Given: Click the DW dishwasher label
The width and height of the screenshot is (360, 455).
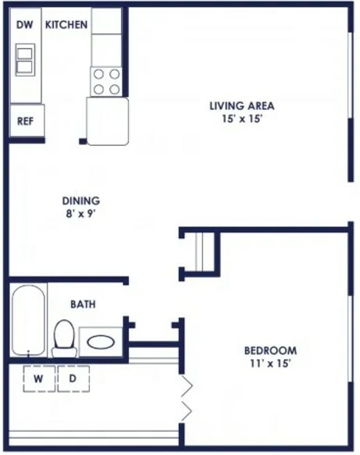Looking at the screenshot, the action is tap(24, 25).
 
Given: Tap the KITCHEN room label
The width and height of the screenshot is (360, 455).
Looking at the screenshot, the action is tap(66, 25).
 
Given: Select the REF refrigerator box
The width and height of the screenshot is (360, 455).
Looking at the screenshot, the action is tap(27, 120).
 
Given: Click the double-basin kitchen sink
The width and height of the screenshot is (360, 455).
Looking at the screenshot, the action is tap(25, 60).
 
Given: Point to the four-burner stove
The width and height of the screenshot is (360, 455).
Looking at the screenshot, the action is tap(106, 81).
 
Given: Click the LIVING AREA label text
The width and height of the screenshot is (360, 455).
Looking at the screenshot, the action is tap(242, 106).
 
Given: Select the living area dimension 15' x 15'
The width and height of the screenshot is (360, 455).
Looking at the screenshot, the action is tap(242, 119).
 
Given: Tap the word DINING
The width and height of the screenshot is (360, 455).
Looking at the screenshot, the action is tap(81, 201).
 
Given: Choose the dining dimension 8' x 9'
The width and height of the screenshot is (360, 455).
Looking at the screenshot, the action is tap(81, 214).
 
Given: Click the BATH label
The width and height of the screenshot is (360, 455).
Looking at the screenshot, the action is tap(83, 304).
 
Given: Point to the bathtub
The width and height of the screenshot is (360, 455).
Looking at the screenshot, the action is tap(28, 320).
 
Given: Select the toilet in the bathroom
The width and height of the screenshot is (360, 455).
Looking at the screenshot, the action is tap(64, 339).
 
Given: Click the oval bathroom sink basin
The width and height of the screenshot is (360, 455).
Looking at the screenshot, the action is tap(101, 342).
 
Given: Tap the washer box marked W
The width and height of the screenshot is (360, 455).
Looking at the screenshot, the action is tap(39, 379).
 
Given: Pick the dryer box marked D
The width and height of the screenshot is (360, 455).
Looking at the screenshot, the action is tap(73, 379).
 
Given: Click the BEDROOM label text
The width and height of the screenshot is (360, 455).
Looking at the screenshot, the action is tap(270, 351).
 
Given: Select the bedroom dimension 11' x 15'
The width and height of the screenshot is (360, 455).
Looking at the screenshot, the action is tap(270, 364).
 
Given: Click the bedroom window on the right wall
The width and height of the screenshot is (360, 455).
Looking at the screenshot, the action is tap(351, 339).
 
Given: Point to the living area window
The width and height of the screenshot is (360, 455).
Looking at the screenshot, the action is tap(351, 75).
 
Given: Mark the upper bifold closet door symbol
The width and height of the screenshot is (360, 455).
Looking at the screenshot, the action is tap(187, 386).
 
